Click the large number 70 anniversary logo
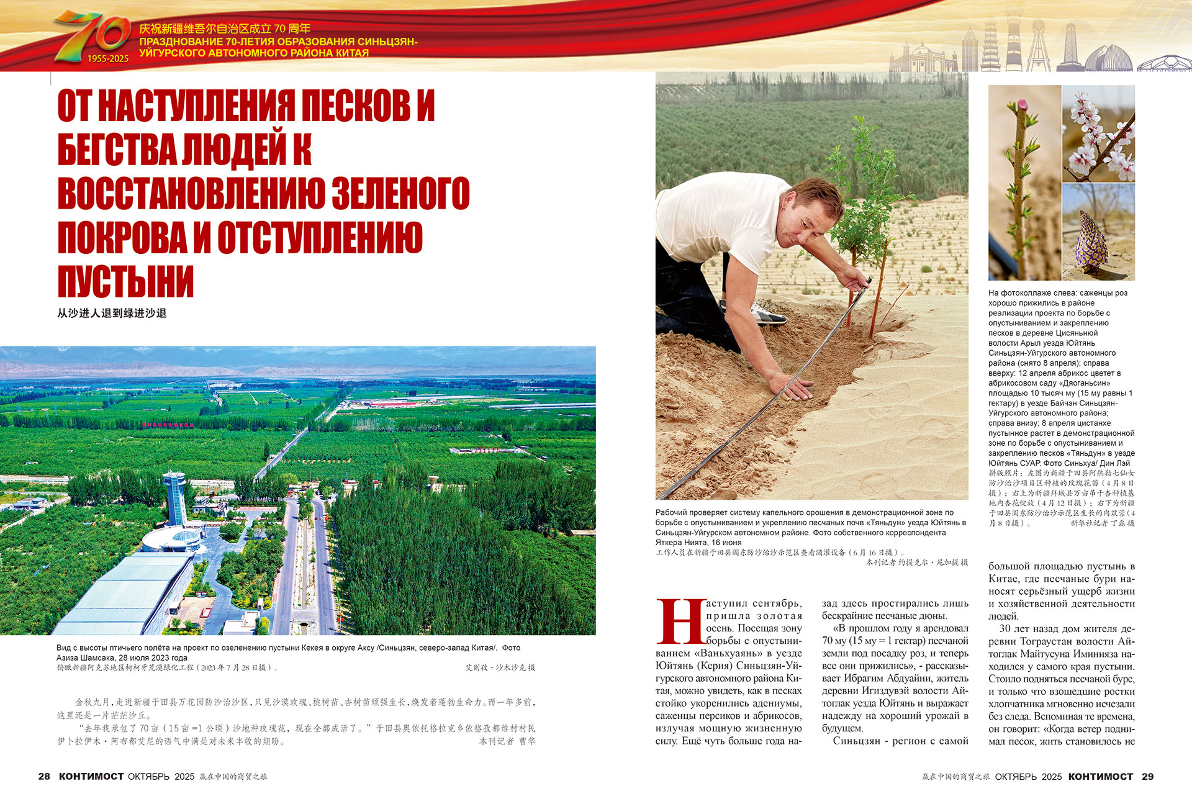click(x=93, y=35)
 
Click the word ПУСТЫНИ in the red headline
click(x=125, y=282)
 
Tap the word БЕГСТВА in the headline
click(x=117, y=150)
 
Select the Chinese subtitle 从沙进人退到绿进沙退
click(x=112, y=314)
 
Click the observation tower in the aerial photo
click(x=174, y=497)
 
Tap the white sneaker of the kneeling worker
click(x=769, y=314)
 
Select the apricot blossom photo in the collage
click(x=1098, y=133)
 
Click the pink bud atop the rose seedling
click(x=1018, y=105)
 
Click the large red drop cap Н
click(x=680, y=621)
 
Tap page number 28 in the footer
click(x=44, y=777)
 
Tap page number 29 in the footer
click(x=1147, y=777)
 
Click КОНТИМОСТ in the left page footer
click(x=91, y=777)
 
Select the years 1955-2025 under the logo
click(x=108, y=59)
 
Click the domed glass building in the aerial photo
click(x=184, y=536)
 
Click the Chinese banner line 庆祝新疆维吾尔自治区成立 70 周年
click(x=225, y=29)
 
